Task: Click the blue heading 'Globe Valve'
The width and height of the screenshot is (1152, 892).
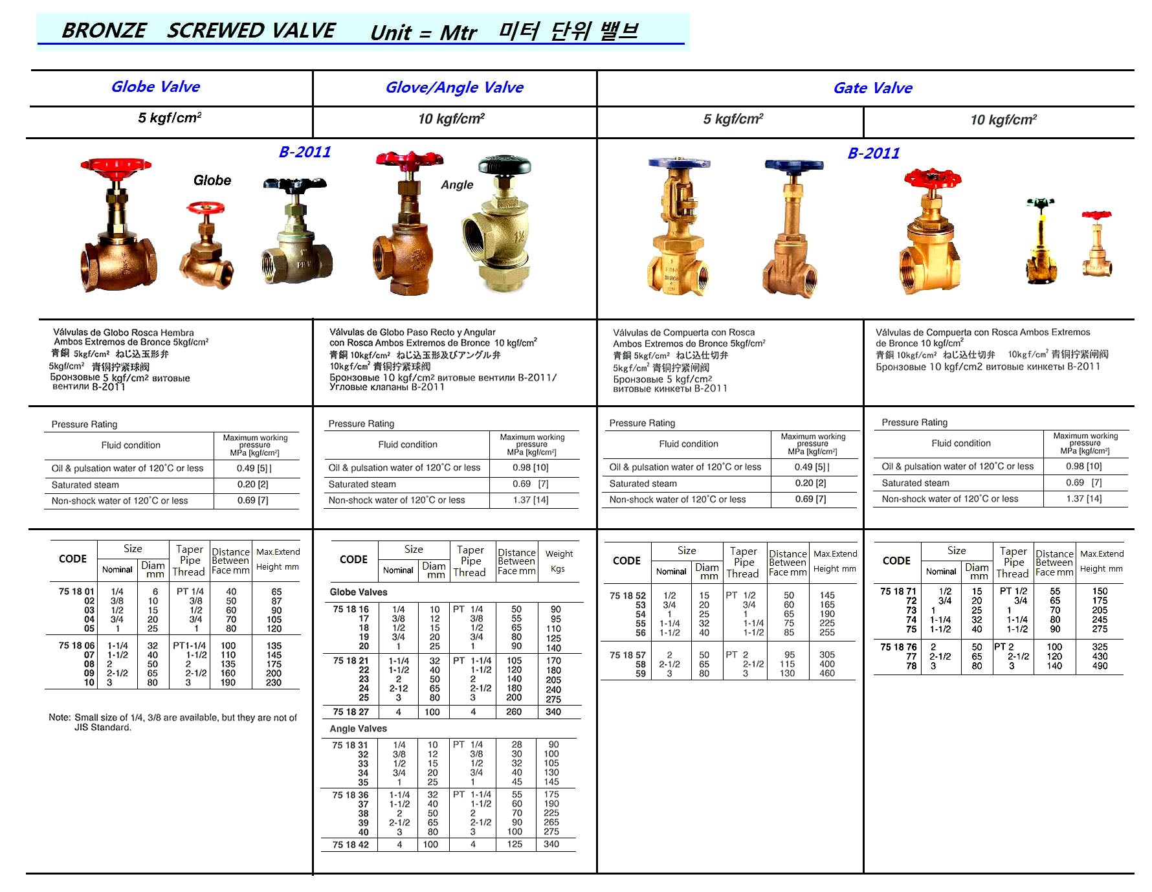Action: tap(155, 87)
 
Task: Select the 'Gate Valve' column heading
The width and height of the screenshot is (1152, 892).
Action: tap(872, 88)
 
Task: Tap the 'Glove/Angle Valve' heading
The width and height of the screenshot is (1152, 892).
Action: tap(454, 87)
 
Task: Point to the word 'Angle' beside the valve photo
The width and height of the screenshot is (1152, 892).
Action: tap(457, 185)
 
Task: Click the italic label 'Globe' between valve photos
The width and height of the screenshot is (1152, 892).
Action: tap(212, 181)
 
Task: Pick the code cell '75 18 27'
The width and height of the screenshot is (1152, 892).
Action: tap(351, 712)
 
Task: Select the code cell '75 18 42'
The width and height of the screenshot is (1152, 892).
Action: tap(350, 845)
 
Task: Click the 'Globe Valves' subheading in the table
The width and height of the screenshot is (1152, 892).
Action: tap(359, 592)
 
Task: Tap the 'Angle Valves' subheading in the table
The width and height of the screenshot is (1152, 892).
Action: tap(358, 729)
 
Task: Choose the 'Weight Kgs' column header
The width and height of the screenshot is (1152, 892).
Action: tap(559, 561)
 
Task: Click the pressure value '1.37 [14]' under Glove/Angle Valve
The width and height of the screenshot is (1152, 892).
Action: tap(531, 500)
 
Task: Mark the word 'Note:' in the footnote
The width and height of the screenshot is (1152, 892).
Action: tap(60, 718)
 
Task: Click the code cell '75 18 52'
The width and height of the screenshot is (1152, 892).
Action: tap(627, 596)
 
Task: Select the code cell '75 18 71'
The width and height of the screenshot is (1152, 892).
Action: tap(898, 592)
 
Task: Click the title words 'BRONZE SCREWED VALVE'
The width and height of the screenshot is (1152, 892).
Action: tap(198, 30)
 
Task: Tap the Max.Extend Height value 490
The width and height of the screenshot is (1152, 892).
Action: tap(1100, 666)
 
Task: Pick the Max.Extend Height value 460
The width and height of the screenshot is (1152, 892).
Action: tap(827, 674)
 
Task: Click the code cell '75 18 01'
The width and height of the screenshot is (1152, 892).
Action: tap(76, 592)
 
